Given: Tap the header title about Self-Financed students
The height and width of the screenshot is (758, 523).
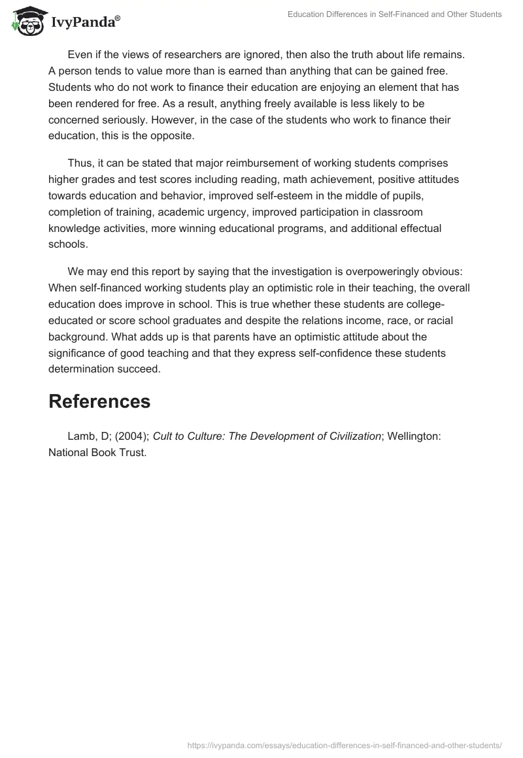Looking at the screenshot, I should [395, 14].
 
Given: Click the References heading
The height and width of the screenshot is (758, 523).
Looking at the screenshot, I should [99, 402].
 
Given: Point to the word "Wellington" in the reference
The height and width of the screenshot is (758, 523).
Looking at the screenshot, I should [414, 437].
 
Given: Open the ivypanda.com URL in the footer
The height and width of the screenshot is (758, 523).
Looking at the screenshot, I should [345, 744].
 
